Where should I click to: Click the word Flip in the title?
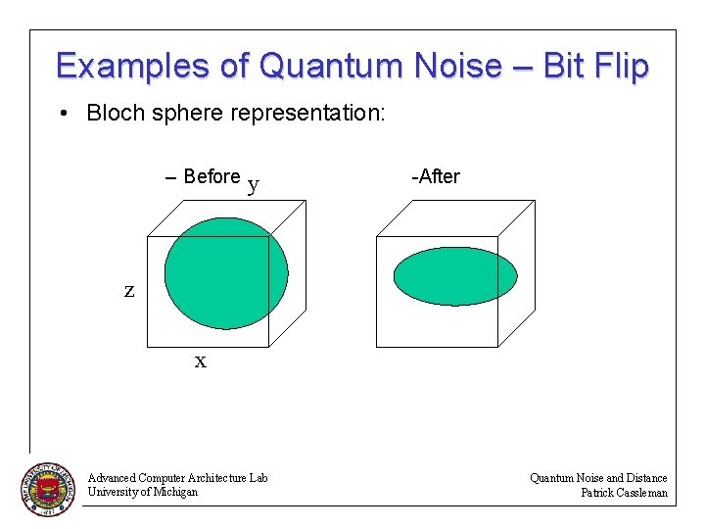(x=619, y=66)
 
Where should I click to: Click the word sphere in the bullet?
(x=184, y=114)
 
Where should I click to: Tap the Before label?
(x=211, y=176)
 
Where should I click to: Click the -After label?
(x=436, y=176)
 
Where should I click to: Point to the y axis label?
(x=254, y=183)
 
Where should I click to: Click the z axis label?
(x=128, y=290)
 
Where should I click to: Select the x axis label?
(x=201, y=361)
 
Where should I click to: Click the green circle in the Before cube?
(x=226, y=272)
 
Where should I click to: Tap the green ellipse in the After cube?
(x=454, y=275)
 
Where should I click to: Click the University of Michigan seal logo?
(x=48, y=488)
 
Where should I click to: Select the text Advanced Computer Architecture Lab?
(x=177, y=478)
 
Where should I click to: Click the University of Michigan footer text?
(x=142, y=492)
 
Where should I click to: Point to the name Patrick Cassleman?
(x=624, y=493)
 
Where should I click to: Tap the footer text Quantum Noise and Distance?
(x=598, y=478)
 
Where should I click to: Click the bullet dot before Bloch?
(x=63, y=115)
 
